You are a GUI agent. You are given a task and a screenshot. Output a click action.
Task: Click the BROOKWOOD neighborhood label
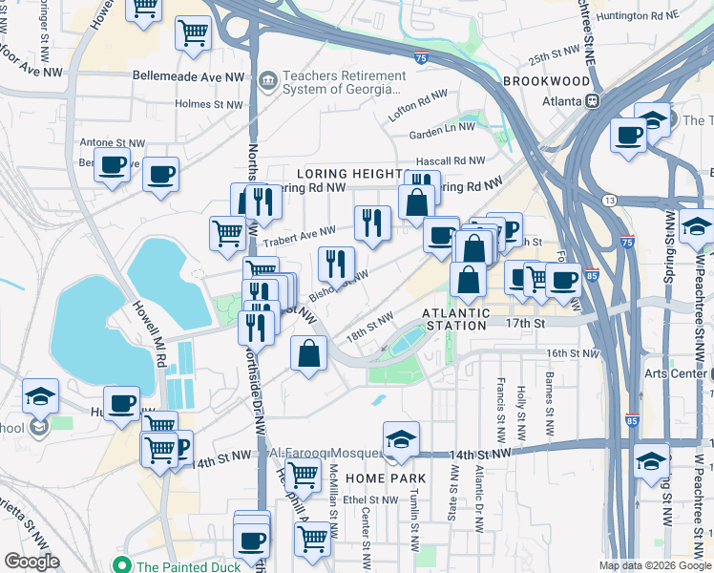pyautogui.click(x=545, y=82)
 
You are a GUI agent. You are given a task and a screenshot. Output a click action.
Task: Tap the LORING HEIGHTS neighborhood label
pyautogui.click(x=349, y=174)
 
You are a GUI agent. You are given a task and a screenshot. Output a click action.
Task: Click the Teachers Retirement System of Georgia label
pyautogui.click(x=341, y=82)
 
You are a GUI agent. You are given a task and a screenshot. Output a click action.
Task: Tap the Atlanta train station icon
pyautogui.click(x=592, y=100)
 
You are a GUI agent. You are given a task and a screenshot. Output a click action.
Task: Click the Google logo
pyautogui.click(x=31, y=562)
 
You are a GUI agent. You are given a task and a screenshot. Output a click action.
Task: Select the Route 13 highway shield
pyautogui.click(x=608, y=200)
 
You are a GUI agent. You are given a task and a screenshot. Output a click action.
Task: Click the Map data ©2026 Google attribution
pyautogui.click(x=654, y=565)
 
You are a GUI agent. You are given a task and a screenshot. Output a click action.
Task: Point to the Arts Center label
pyautogui.click(x=678, y=373)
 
